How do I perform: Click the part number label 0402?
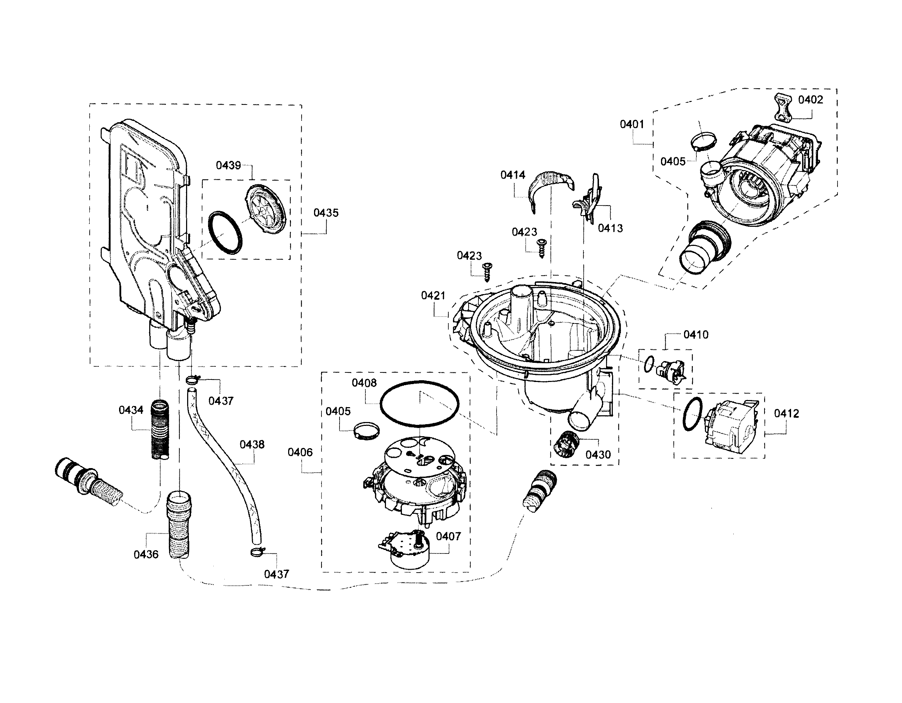(x=810, y=100)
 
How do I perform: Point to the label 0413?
(x=610, y=228)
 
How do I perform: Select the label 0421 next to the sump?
(x=433, y=295)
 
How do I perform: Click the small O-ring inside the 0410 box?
(x=649, y=365)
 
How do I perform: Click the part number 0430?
(x=598, y=455)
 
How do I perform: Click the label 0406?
(x=300, y=452)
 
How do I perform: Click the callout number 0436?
(x=146, y=555)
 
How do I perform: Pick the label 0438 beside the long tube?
(x=252, y=444)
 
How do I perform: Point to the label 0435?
(x=326, y=213)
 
